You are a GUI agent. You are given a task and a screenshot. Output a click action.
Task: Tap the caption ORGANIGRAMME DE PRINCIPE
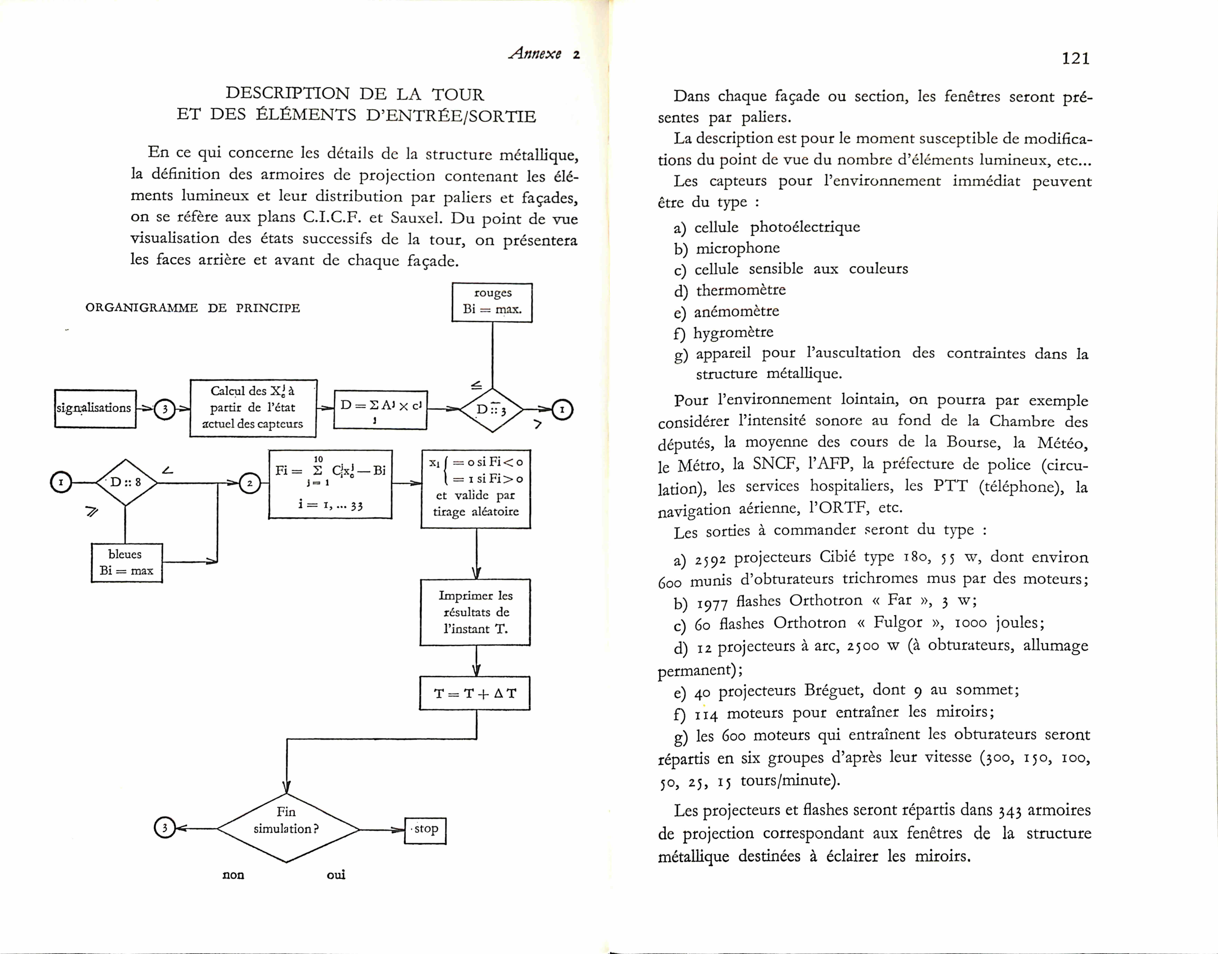193,308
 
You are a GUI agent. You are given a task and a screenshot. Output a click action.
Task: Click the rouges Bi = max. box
492,302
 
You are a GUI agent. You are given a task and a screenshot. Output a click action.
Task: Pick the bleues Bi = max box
127,563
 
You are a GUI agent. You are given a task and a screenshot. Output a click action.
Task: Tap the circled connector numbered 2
250,483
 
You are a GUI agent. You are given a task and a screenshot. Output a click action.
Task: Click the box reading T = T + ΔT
475,693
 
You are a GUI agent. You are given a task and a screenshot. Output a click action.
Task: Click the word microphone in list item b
737,248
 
